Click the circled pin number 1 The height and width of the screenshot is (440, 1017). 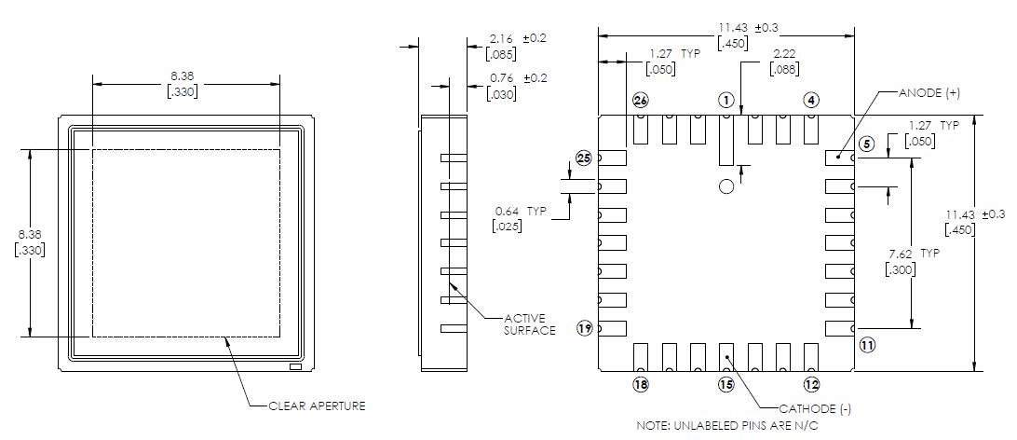pyautogui.click(x=726, y=100)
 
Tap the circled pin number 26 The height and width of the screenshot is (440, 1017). pyautogui.click(x=640, y=100)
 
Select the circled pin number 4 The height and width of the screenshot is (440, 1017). pyautogui.click(x=811, y=100)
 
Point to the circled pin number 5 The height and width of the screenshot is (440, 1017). pyautogui.click(x=866, y=144)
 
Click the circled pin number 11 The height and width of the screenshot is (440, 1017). pyautogui.click(x=867, y=345)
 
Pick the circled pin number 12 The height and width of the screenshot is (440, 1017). pyautogui.click(x=811, y=384)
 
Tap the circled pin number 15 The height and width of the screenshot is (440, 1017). pyautogui.click(x=726, y=384)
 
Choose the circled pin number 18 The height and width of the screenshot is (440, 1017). pyautogui.click(x=640, y=384)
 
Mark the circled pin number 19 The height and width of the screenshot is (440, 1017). pyautogui.click(x=585, y=328)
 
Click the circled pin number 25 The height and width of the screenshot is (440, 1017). pyautogui.click(x=584, y=158)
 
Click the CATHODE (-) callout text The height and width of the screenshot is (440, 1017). pyautogui.click(x=816, y=408)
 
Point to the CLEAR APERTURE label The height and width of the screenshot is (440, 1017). pyautogui.click(x=317, y=406)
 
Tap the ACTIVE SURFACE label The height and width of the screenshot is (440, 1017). pyautogui.click(x=530, y=323)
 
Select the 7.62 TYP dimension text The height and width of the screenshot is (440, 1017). pyautogui.click(x=915, y=254)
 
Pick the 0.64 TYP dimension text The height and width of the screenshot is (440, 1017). pyautogui.click(x=522, y=211)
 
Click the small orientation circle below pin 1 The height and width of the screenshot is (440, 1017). pyautogui.click(x=726, y=186)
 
